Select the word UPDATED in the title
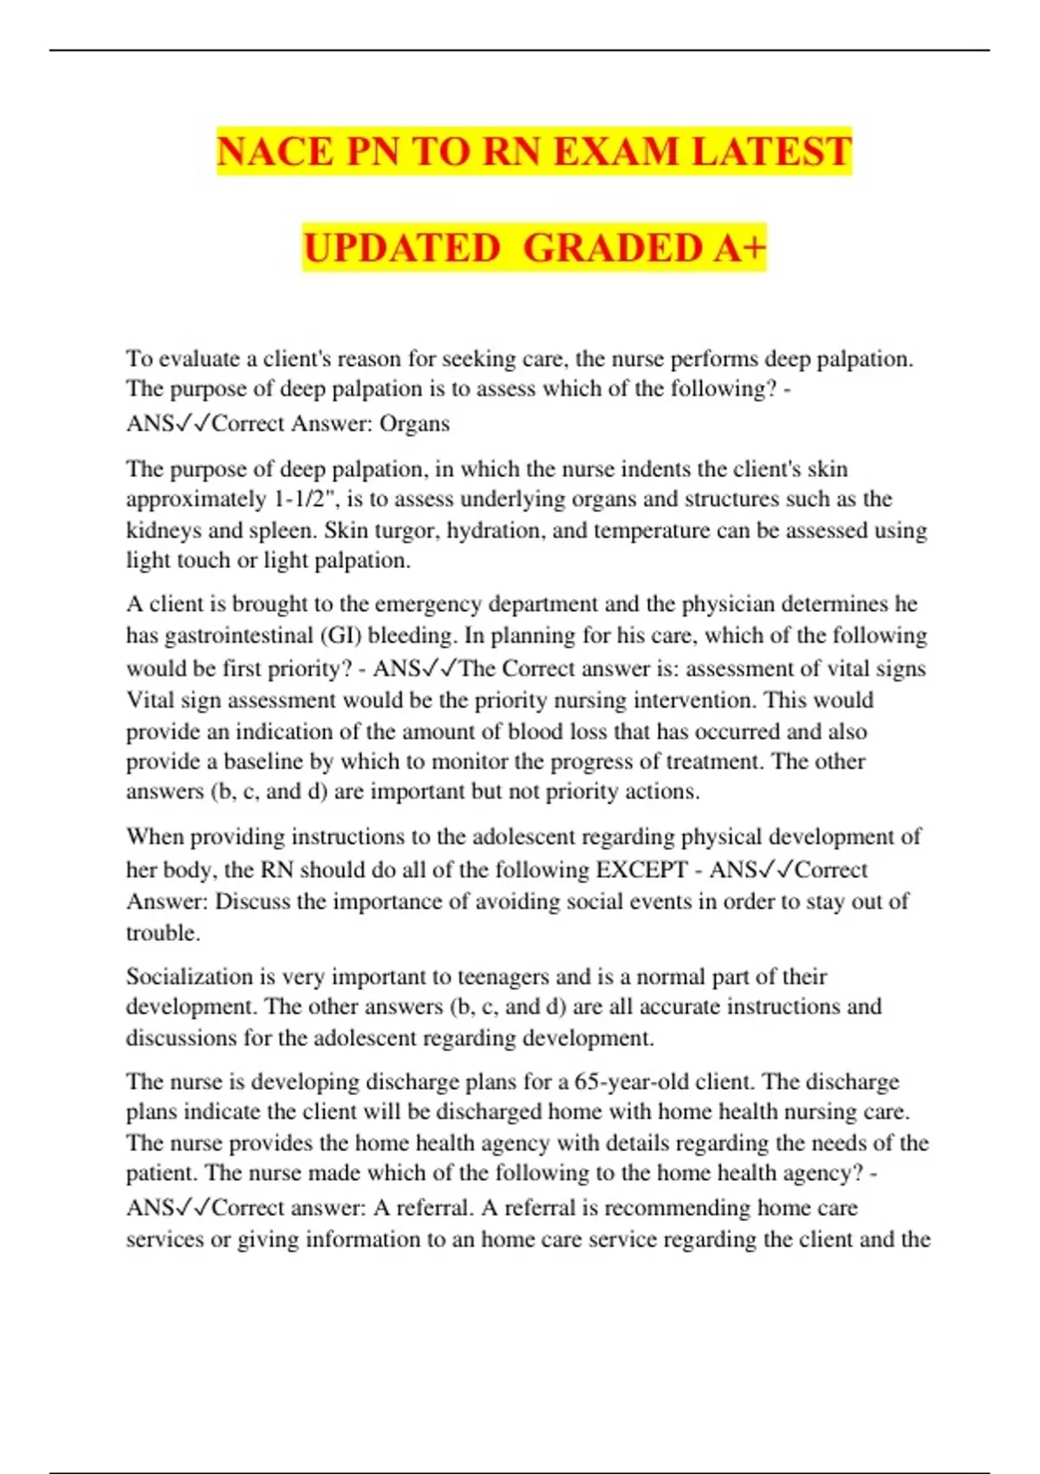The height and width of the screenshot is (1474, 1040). point(402,248)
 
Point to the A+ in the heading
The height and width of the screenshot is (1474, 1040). point(740,248)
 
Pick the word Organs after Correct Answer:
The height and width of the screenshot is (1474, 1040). point(414,423)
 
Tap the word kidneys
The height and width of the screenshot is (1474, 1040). point(162,530)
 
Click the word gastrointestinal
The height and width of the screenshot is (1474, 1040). point(239,636)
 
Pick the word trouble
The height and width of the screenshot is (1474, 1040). point(162,934)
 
